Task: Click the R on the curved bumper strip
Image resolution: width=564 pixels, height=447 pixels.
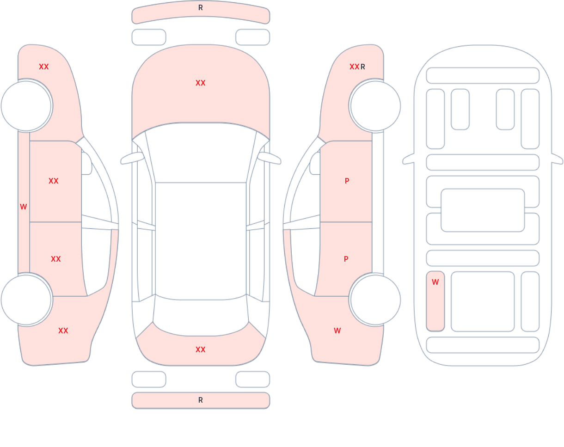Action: pyautogui.click(x=200, y=8)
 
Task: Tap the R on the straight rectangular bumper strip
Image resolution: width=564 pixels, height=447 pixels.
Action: pyautogui.click(x=200, y=400)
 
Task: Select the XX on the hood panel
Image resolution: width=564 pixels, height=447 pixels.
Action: pyautogui.click(x=200, y=83)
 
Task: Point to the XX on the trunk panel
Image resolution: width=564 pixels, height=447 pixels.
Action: pyautogui.click(x=200, y=350)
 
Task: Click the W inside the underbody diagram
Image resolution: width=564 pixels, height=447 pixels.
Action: pyautogui.click(x=435, y=282)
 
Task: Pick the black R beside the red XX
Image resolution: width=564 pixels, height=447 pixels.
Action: pyautogui.click(x=363, y=67)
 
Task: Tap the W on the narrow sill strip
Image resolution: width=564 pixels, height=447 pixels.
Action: pyautogui.click(x=23, y=207)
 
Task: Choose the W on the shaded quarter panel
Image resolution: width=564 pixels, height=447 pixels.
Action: pyautogui.click(x=337, y=331)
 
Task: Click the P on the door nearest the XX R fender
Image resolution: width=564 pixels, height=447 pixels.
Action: pyautogui.click(x=347, y=181)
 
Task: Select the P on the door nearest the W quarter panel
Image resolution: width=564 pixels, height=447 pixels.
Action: pyautogui.click(x=346, y=259)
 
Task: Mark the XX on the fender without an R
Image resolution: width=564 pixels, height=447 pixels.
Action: pyautogui.click(x=43, y=67)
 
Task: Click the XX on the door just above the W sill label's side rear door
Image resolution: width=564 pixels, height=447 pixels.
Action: pyautogui.click(x=53, y=181)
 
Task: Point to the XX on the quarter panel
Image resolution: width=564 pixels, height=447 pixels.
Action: pyautogui.click(x=63, y=331)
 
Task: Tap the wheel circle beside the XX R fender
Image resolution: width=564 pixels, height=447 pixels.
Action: pyautogui.click(x=375, y=106)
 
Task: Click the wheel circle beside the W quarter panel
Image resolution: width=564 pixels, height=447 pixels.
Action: pyautogui.click(x=375, y=300)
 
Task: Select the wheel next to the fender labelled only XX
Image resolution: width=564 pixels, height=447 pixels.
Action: pyautogui.click(x=26, y=106)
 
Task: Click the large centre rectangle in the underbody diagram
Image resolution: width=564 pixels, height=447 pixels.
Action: pyautogui.click(x=483, y=210)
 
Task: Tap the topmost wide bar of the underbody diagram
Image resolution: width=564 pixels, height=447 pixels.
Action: pyautogui.click(x=483, y=75)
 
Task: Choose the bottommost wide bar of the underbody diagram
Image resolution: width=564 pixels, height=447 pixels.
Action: pyautogui.click(x=483, y=345)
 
